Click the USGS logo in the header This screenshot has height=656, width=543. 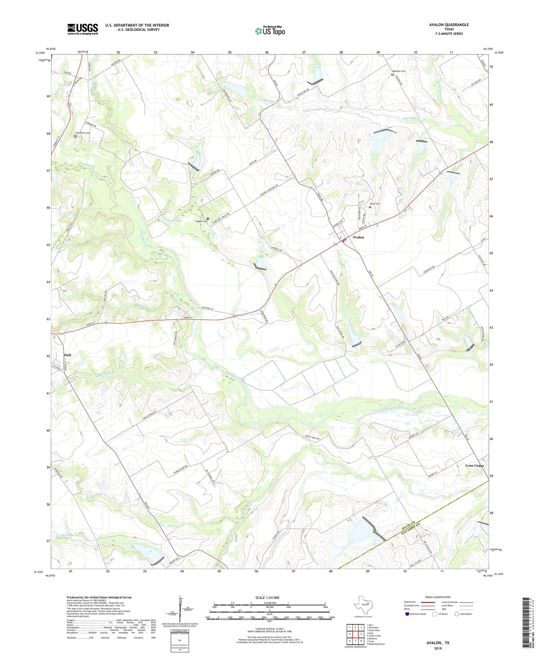click(83, 29)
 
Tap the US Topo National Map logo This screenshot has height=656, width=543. click(270, 30)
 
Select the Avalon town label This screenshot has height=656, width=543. click(358, 237)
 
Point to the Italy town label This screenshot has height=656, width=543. click(68, 355)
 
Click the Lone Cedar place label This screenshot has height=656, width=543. click(474, 466)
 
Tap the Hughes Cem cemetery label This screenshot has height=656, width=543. click(201, 221)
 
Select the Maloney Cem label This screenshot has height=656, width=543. click(399, 71)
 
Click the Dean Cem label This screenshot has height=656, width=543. click(375, 204)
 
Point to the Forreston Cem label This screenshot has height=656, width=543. click(82, 133)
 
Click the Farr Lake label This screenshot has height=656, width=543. click(175, 221)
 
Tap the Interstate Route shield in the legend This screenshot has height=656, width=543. click(407, 614)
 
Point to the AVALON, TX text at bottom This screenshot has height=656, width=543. click(438, 643)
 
